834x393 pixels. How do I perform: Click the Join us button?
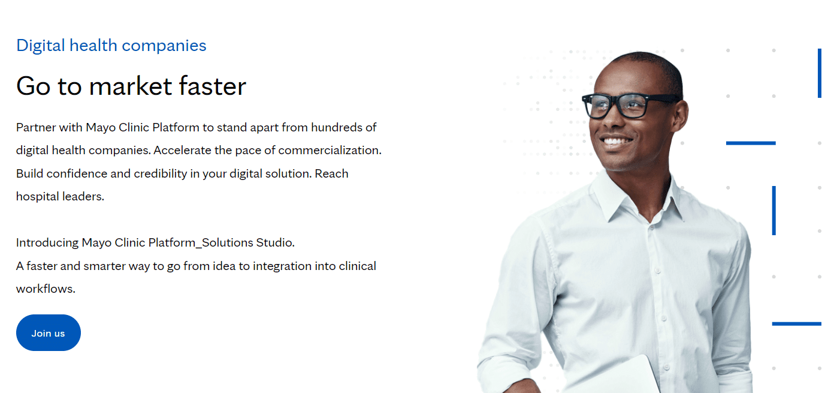(x=48, y=333)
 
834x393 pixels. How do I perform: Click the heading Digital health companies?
(x=111, y=46)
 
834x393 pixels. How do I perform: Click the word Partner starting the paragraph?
(x=36, y=128)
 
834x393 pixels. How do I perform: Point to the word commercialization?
(x=329, y=151)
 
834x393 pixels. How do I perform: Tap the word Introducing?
(x=47, y=243)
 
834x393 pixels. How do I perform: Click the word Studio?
(x=275, y=243)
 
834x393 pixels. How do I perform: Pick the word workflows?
(x=46, y=289)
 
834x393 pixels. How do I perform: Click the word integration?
(x=284, y=266)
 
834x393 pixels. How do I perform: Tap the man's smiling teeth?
(x=617, y=142)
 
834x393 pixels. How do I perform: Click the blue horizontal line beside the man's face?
(x=751, y=143)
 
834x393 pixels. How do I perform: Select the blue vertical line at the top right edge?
(x=819, y=73)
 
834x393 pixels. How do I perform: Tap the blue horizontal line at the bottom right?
(x=796, y=324)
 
